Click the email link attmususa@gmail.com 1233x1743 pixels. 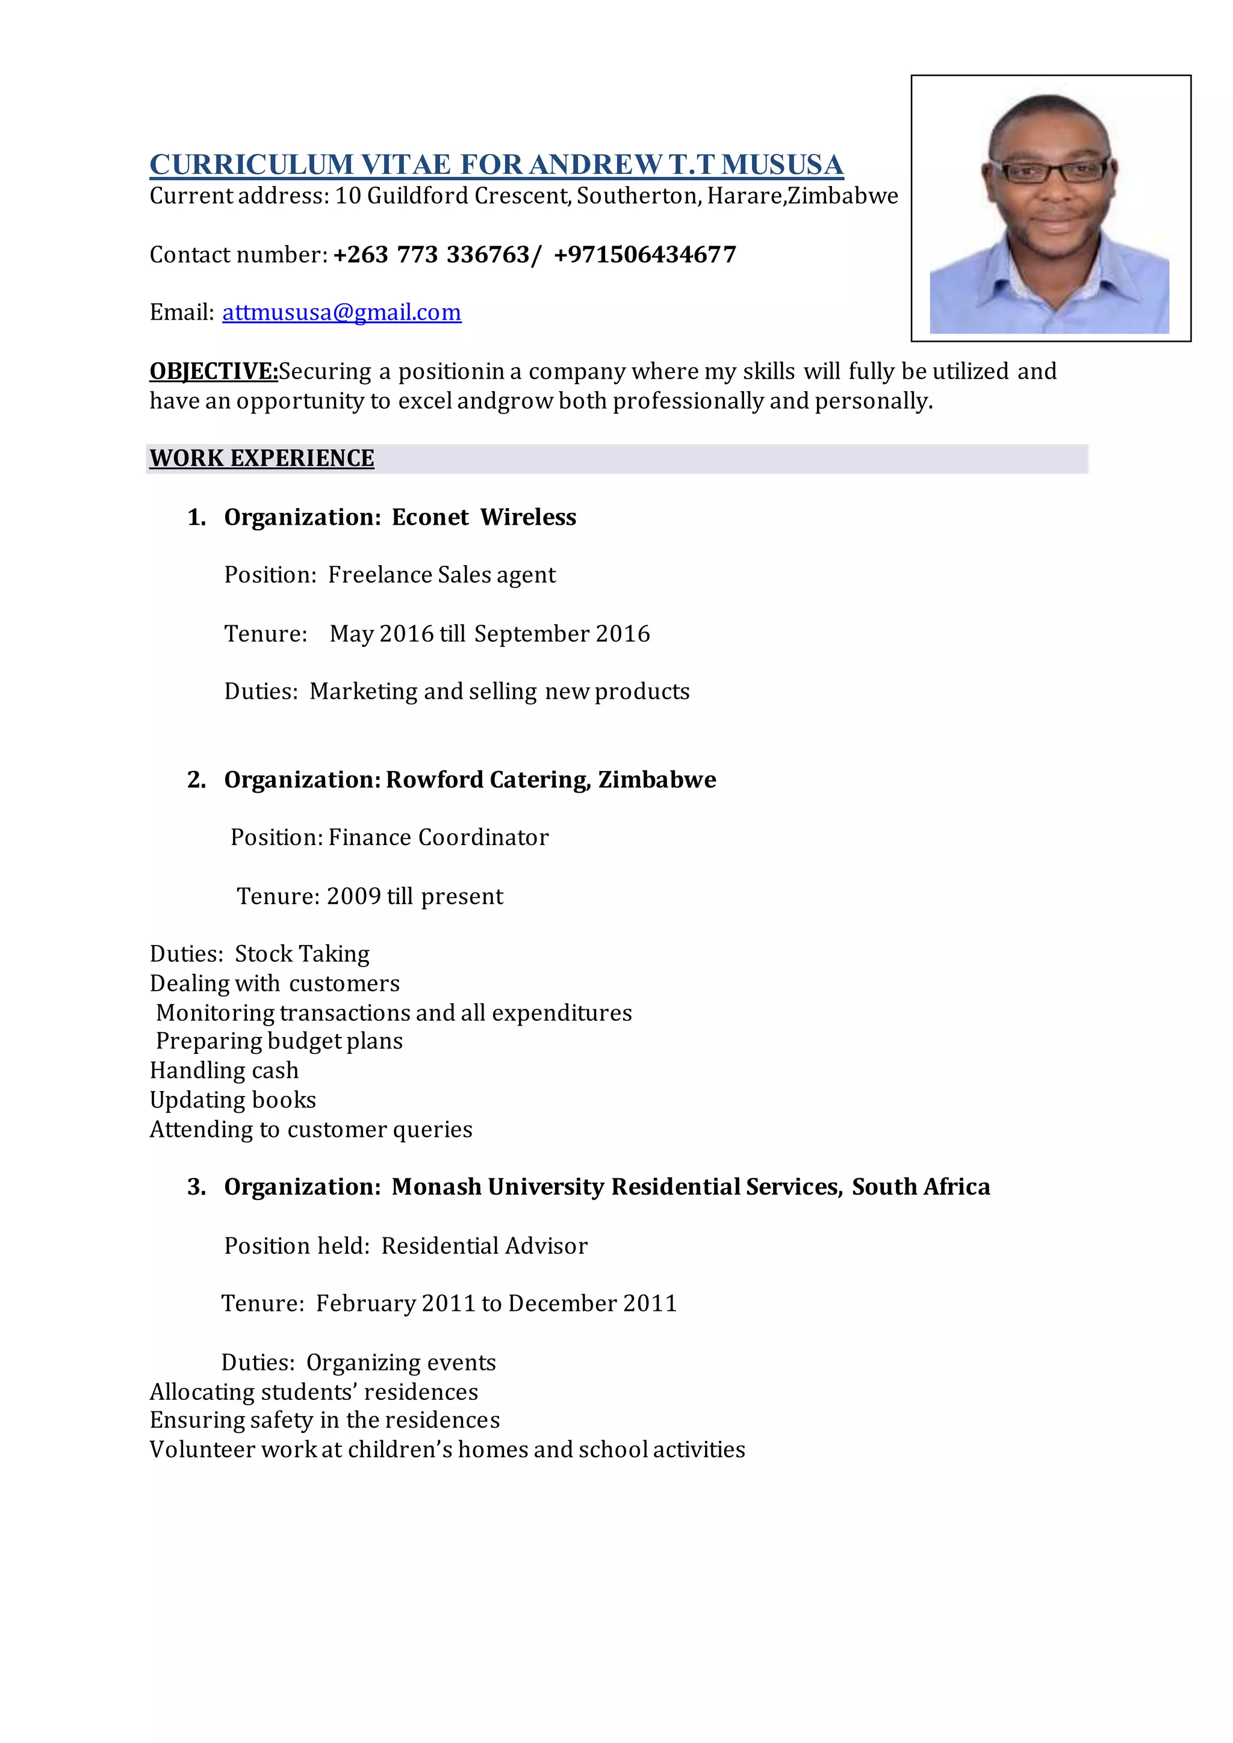pyautogui.click(x=341, y=312)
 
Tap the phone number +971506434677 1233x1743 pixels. pyautogui.click(x=645, y=255)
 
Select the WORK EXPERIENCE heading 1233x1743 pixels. pyautogui.click(x=262, y=459)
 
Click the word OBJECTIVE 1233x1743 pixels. pyautogui.click(x=213, y=371)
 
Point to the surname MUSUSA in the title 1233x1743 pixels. pyautogui.click(x=782, y=165)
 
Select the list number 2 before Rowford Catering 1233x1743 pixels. pyautogui.click(x=196, y=779)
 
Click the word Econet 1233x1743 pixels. pyautogui.click(x=430, y=517)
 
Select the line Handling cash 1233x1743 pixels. pyautogui.click(x=224, y=1070)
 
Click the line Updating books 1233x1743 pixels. pyautogui.click(x=232, y=1100)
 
